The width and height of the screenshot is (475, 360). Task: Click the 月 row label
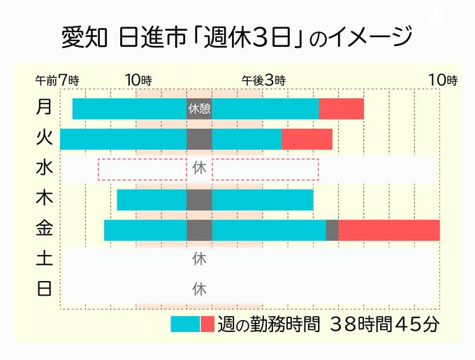[44, 108]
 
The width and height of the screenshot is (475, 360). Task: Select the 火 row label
[44, 138]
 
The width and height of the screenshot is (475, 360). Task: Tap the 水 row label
[44, 168]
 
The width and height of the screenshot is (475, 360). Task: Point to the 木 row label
[44, 199]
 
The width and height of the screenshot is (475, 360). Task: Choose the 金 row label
[44, 229]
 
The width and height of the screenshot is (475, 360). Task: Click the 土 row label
[44, 259]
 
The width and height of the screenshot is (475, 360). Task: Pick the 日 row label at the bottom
[44, 288]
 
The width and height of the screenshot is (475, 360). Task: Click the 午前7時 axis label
[57, 80]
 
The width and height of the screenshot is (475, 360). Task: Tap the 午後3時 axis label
[263, 80]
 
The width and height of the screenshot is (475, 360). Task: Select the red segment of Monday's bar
[341, 109]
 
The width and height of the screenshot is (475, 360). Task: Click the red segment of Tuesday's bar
[307, 139]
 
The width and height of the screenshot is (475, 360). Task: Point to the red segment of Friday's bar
[389, 230]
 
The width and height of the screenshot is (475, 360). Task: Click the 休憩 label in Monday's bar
[199, 109]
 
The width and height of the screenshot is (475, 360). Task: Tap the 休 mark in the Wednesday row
[199, 168]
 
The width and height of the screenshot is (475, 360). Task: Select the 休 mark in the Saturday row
[199, 259]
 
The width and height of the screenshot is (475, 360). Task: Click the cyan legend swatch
[185, 324]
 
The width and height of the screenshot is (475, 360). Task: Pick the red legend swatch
[207, 324]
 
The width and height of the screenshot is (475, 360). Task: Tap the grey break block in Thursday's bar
[199, 200]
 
